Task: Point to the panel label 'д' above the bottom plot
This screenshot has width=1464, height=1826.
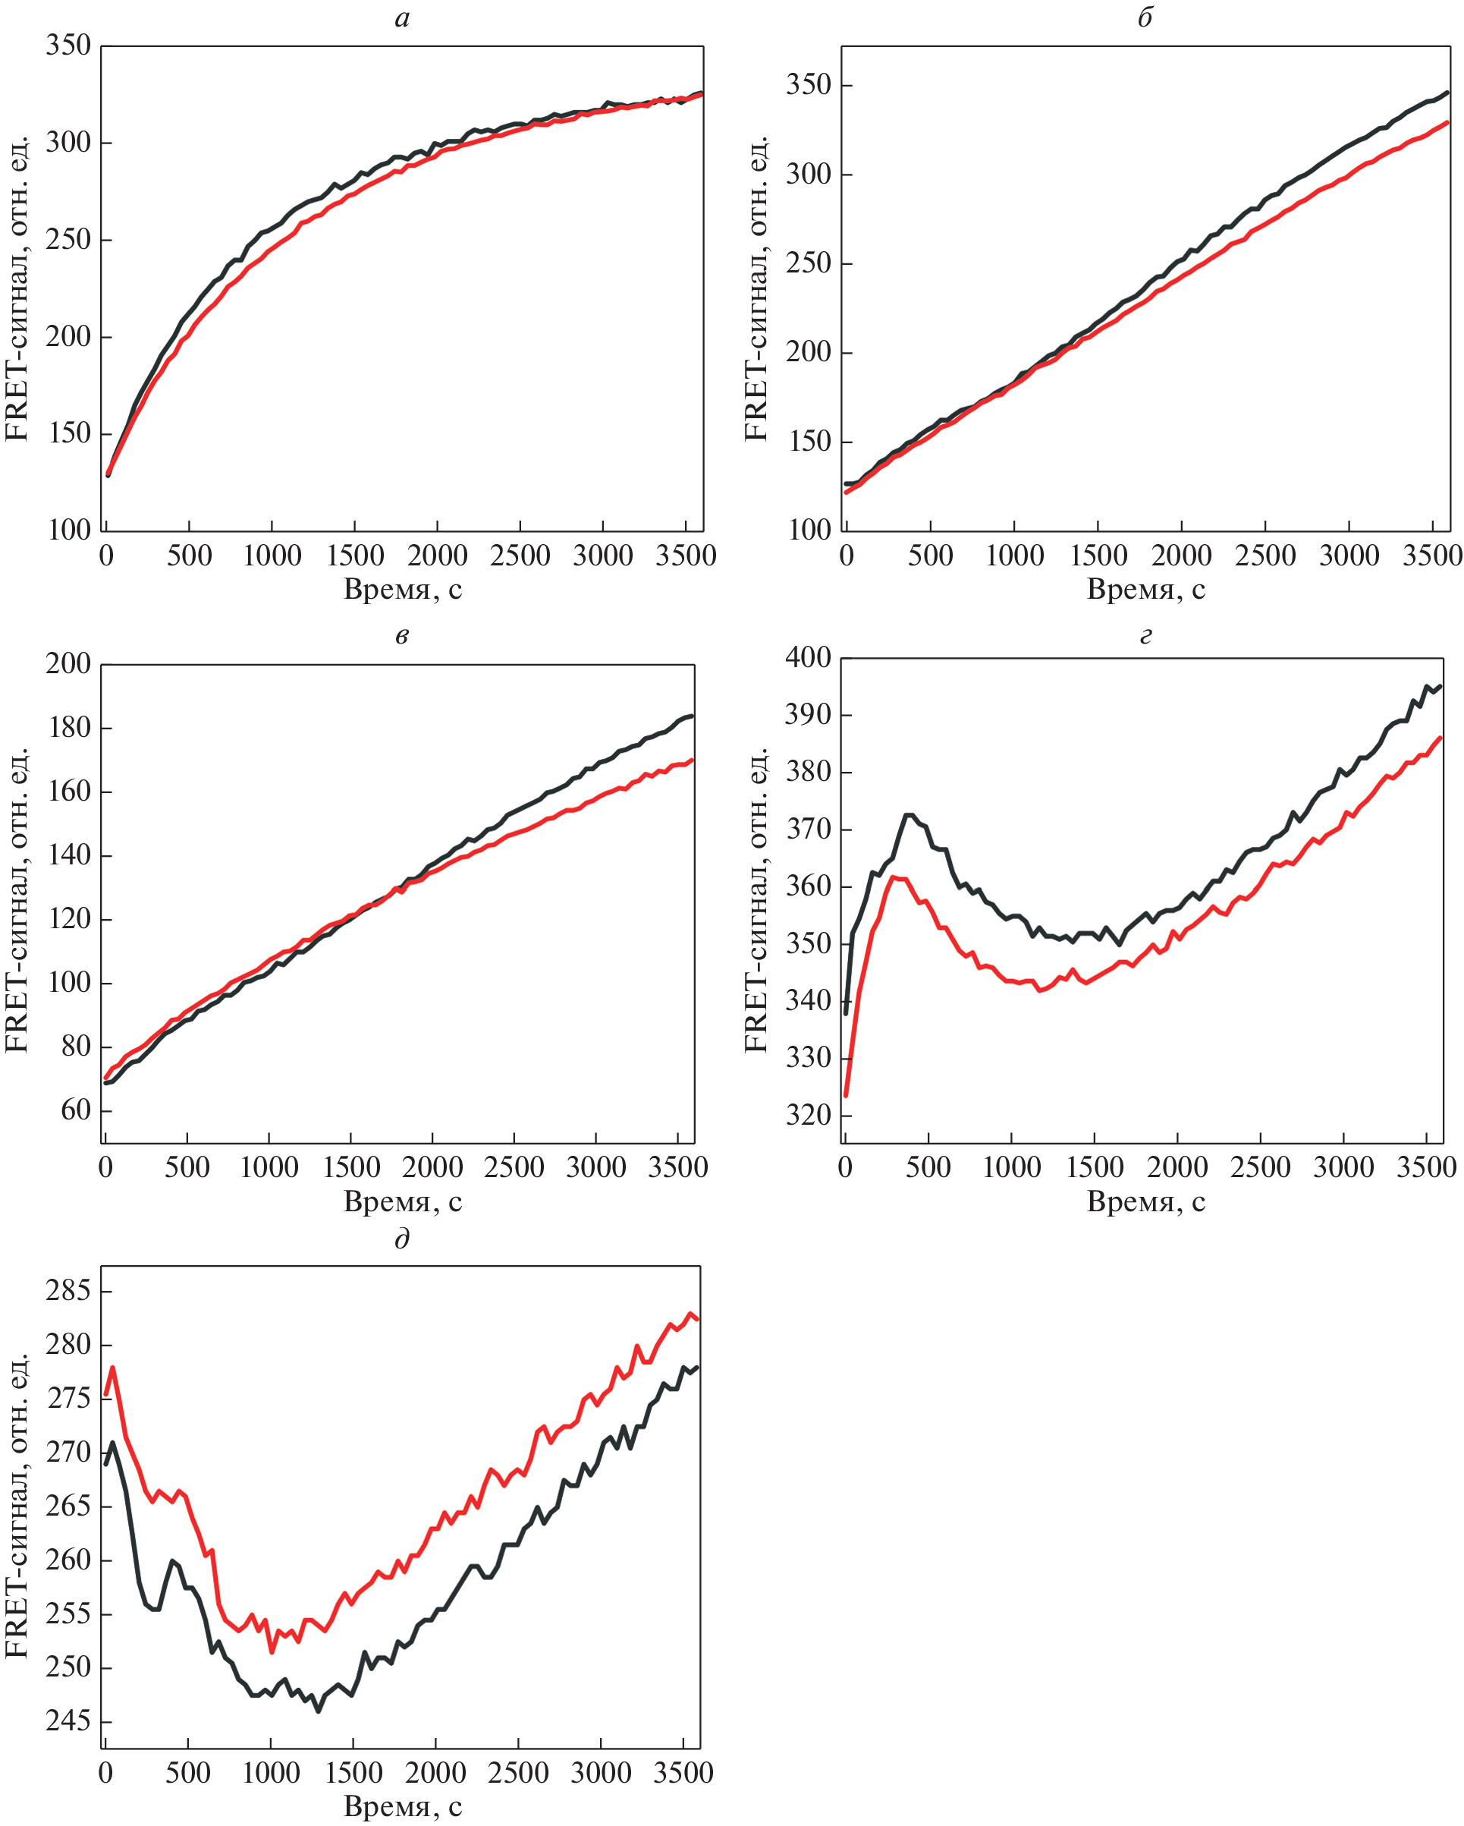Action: (x=402, y=1240)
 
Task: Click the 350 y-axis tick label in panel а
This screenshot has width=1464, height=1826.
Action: (x=68, y=45)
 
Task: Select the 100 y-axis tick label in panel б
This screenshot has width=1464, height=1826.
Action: (x=809, y=530)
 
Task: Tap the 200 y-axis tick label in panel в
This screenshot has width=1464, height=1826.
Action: (x=68, y=663)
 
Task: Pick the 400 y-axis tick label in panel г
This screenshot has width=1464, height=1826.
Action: (x=809, y=657)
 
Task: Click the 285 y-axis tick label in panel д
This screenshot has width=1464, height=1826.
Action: (x=68, y=1291)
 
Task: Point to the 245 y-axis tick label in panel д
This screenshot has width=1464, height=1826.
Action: (x=68, y=1721)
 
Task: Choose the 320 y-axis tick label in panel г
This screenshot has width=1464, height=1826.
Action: (x=809, y=1115)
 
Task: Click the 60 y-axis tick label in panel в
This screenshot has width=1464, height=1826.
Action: (x=75, y=1110)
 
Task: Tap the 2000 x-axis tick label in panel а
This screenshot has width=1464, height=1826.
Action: (x=437, y=556)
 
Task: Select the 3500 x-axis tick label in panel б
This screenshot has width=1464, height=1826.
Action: (x=1433, y=556)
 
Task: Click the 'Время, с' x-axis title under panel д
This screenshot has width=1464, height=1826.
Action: (x=402, y=1806)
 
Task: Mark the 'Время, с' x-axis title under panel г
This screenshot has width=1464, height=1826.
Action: (x=1145, y=1201)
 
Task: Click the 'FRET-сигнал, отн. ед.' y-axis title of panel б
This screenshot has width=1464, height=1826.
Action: (x=756, y=288)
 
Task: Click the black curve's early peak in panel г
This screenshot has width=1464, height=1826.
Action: (x=910, y=815)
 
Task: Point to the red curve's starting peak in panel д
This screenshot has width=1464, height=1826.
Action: (x=112, y=1367)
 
